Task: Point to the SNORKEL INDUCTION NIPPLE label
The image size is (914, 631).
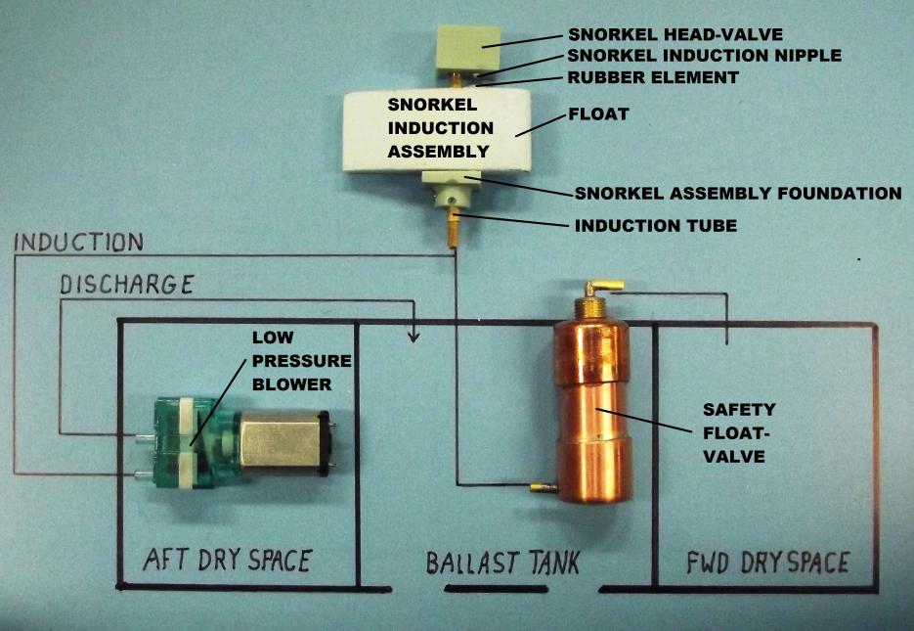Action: point(703,55)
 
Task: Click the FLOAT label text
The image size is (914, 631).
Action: point(598,114)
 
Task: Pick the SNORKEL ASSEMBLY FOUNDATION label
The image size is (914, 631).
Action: point(737,194)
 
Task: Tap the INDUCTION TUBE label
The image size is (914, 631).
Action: point(655,226)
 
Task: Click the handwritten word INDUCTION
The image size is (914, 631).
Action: point(79,242)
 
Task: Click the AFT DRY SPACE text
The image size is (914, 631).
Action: point(227,561)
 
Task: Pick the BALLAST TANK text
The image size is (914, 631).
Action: point(502,563)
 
